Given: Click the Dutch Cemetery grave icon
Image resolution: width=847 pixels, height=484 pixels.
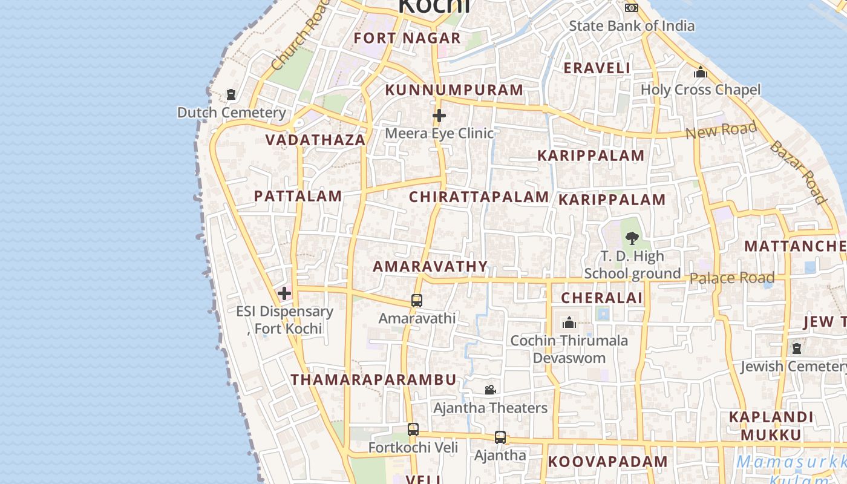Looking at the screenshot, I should (231, 94).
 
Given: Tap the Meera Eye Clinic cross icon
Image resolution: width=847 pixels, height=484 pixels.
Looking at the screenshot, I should (439, 115).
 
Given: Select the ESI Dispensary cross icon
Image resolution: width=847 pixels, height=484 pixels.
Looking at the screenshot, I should (284, 294).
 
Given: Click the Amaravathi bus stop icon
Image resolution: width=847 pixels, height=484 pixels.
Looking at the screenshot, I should (417, 300).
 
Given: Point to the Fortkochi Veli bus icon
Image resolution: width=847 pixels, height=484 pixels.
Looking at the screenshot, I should (413, 430).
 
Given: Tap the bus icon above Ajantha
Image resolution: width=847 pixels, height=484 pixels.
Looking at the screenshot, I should (500, 437).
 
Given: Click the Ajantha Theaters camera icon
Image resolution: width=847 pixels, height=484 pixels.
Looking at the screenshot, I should (490, 390).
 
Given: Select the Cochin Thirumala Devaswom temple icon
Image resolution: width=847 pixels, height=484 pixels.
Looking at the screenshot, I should (569, 323).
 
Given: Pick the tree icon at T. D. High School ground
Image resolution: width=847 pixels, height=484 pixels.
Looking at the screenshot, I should (632, 238).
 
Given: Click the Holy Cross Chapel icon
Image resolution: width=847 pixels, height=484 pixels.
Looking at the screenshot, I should (701, 73).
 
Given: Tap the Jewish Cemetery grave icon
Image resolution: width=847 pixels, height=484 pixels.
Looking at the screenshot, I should (797, 348).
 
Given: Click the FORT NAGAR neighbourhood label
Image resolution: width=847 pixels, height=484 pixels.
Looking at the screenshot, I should (407, 38).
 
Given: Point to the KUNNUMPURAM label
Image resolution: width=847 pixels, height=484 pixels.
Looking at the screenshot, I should (454, 90).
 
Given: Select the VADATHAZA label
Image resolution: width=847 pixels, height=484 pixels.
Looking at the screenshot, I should (315, 140).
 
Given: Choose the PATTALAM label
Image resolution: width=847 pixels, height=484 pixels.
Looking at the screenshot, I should (298, 196).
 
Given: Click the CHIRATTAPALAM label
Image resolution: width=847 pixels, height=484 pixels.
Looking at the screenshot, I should (479, 197).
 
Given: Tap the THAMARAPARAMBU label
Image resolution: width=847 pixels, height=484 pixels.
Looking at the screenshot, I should (373, 380).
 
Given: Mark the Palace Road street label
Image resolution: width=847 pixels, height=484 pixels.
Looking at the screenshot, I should (732, 278).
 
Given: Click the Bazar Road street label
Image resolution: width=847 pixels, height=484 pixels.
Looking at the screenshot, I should (798, 172).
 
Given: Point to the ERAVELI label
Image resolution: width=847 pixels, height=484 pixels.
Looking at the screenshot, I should (597, 68).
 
